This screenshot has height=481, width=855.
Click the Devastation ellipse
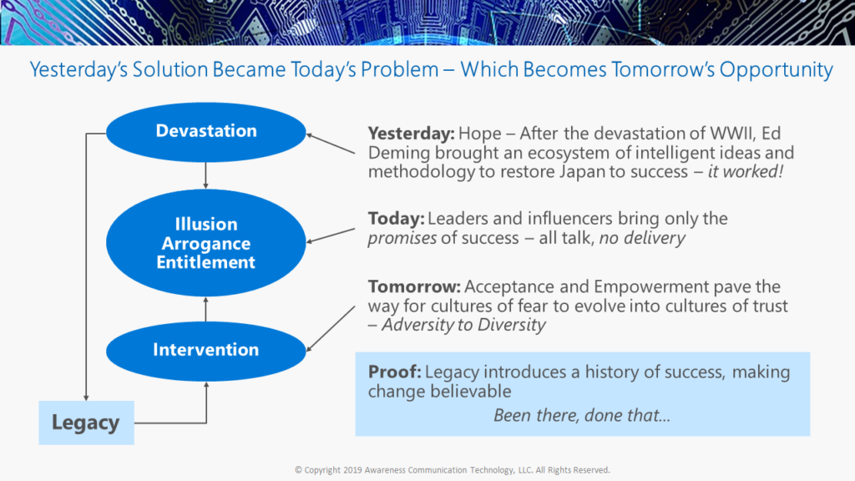coord(206,132)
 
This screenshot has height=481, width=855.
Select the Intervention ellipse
coord(206,352)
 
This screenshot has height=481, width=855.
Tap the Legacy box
coord(86,423)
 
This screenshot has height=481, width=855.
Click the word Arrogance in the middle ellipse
coord(206,243)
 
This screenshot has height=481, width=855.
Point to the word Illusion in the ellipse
coord(206,224)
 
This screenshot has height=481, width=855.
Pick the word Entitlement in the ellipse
coord(206,262)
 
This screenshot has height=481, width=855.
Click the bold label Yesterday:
coord(411,134)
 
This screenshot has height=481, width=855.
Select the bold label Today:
coord(396,219)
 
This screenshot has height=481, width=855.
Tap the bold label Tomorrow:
coord(414,286)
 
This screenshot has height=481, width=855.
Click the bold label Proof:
coord(395,372)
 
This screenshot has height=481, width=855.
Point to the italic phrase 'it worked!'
coord(746,172)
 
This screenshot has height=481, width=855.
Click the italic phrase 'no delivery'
coord(642,238)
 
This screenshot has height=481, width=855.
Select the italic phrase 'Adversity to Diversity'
coord(463,325)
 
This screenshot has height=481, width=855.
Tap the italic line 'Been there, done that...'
coord(582,416)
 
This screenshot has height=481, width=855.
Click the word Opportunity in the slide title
coord(776,70)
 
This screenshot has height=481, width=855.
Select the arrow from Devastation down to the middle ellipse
coord(205,175)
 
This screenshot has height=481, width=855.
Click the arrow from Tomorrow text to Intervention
coord(331,329)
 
